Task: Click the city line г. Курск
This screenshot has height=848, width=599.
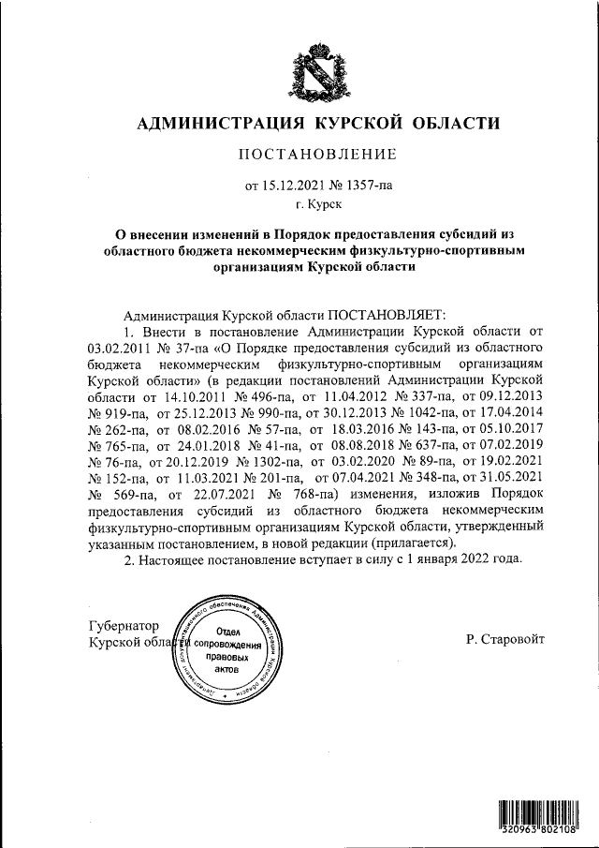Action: coord(317,202)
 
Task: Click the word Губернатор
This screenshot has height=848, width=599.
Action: coord(124,626)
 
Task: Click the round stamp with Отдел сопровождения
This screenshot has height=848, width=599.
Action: coord(226,652)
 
